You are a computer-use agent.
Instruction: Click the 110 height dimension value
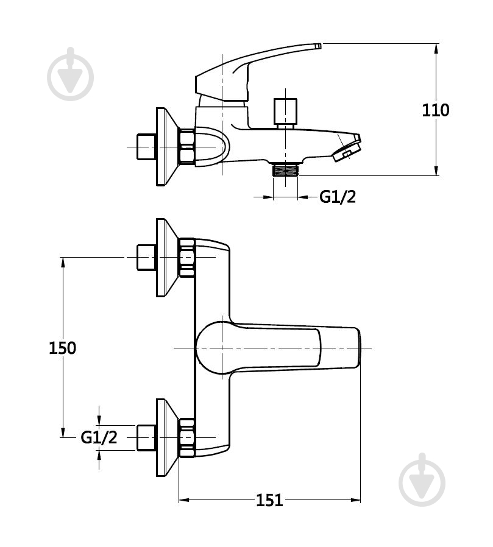pos(436,110)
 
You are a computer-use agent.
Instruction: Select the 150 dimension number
pos(62,348)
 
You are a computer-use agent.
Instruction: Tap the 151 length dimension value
pos(269,500)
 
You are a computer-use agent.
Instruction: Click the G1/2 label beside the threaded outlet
pos(338,197)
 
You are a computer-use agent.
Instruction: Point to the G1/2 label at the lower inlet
pos(99,437)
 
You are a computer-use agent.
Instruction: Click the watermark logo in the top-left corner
pos(71,74)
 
